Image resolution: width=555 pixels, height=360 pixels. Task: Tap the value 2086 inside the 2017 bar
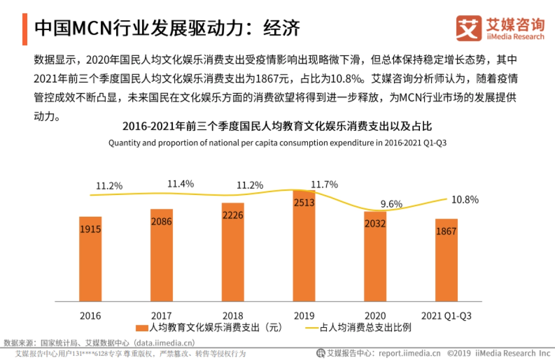click(161, 221)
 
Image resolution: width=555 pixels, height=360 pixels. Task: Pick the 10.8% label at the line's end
click(465, 200)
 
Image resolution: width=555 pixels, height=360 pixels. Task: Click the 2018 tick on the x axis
click(233, 317)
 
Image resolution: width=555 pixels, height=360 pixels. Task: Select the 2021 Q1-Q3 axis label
click(446, 317)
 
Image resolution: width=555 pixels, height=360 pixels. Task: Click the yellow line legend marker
click(316, 328)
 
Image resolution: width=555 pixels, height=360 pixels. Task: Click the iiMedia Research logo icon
click(467, 29)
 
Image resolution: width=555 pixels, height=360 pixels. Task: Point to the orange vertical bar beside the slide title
click(25, 29)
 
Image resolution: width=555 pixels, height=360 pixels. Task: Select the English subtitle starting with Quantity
click(277, 143)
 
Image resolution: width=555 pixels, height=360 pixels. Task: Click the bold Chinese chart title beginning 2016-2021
click(277, 127)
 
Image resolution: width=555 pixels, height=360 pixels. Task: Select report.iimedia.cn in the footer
click(409, 354)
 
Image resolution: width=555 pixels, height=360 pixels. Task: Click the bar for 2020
click(375, 256)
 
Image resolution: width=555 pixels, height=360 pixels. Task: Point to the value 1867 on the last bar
click(446, 232)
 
